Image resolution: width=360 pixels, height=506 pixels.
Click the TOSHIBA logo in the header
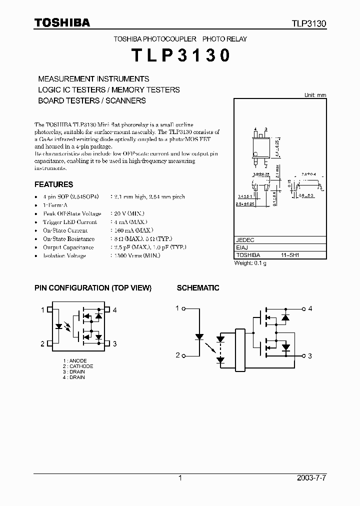point(62,22)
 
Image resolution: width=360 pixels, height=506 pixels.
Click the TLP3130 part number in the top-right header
point(309,23)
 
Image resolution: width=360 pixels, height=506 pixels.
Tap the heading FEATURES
point(53,184)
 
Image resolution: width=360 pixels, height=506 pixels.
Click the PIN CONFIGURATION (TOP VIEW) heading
point(92,288)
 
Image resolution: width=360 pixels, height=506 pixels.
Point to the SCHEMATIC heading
point(198,288)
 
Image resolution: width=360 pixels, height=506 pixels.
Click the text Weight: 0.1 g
point(250,263)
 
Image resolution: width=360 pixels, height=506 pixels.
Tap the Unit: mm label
point(315,95)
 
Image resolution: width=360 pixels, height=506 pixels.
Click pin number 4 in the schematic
point(310,308)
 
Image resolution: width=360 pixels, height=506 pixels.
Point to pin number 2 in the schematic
point(177,355)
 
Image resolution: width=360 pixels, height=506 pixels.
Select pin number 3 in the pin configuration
point(114,343)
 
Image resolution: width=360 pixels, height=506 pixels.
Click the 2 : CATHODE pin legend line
point(78,366)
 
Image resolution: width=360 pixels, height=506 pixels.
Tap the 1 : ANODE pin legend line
point(75,361)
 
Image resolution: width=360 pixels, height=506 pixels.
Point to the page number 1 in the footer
point(180,478)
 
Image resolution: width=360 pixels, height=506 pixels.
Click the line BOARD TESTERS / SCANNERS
point(92,100)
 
